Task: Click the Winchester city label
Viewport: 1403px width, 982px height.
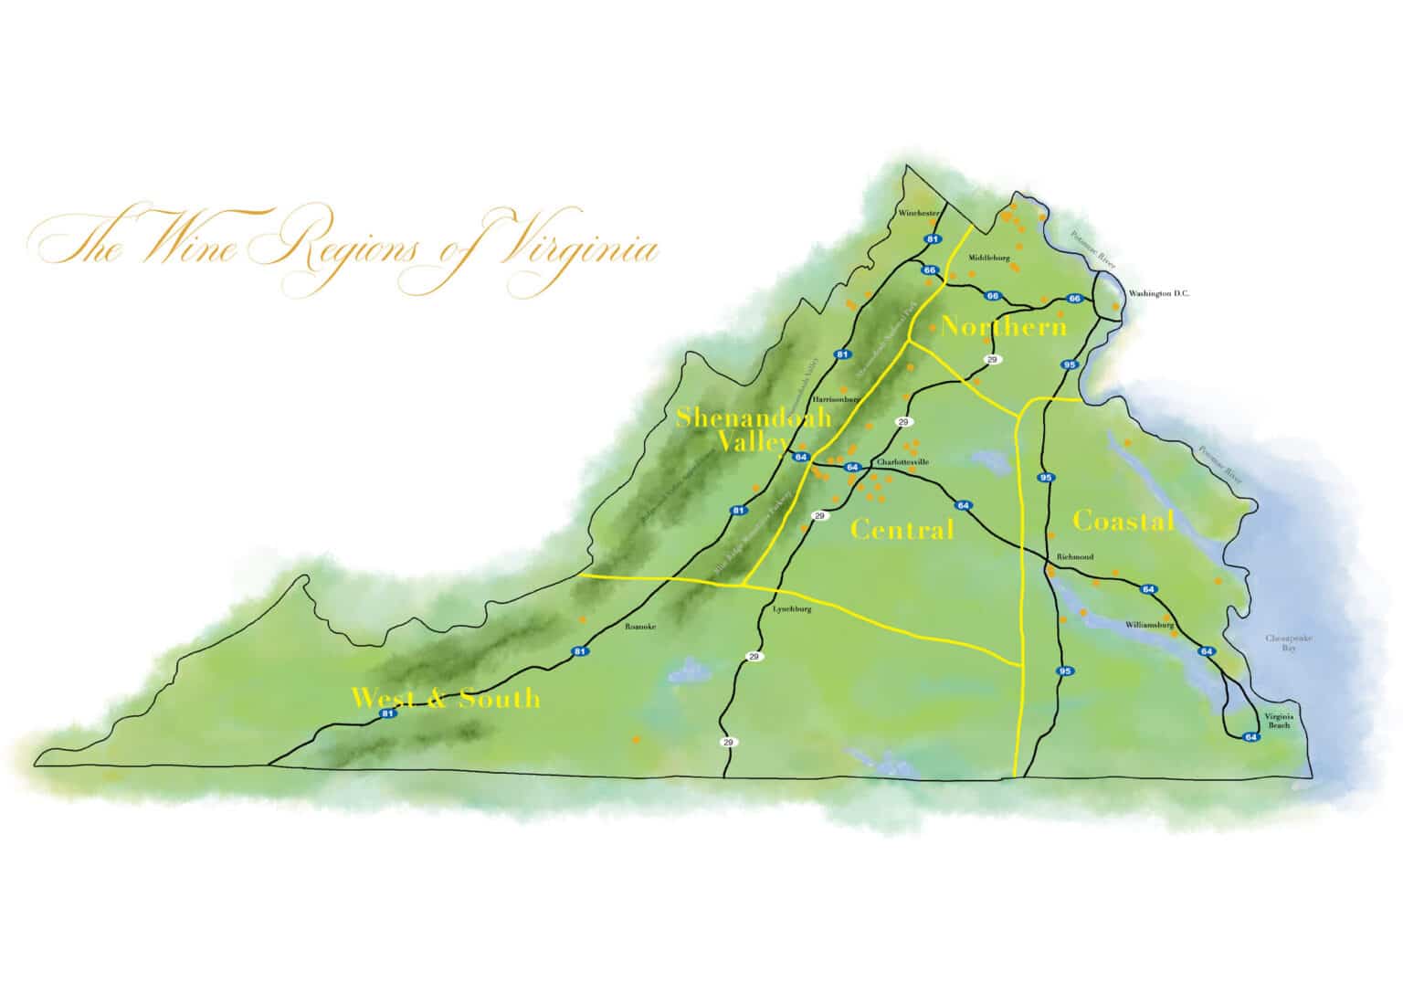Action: coord(919,213)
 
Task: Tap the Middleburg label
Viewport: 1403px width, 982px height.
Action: coord(989,258)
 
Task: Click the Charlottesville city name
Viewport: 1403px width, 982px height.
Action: coord(902,462)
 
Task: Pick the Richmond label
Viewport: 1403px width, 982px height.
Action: coord(1074,556)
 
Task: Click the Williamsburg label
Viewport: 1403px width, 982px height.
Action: coord(1148,625)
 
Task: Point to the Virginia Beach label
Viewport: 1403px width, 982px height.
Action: coord(1277,720)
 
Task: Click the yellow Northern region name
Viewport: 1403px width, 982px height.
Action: coord(1003,326)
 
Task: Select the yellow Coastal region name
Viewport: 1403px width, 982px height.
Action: coord(1123,521)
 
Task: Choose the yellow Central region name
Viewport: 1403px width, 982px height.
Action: coord(902,529)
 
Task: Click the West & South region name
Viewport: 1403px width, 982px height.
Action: coord(446,699)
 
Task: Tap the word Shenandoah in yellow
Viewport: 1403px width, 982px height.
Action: coord(754,417)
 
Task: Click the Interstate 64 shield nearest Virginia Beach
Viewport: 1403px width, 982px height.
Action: coord(1251,736)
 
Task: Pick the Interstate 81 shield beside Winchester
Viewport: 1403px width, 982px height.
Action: coord(932,239)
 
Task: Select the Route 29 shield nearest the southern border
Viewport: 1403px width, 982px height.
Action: coord(727,742)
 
